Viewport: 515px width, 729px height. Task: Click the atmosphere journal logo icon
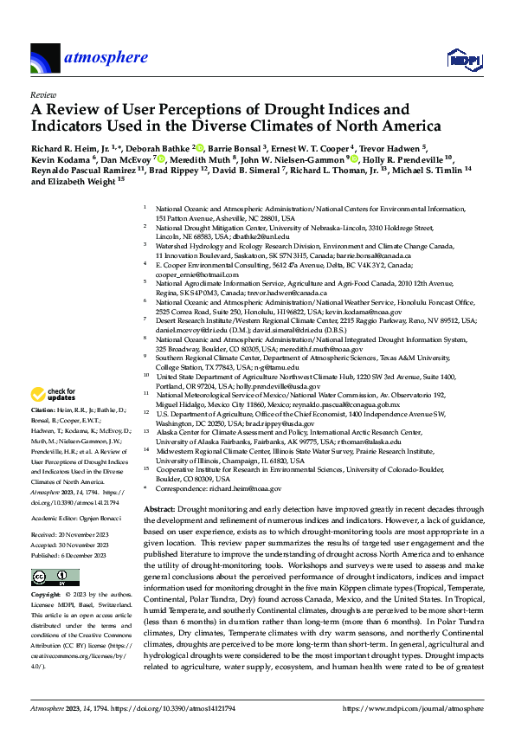click(45, 58)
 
